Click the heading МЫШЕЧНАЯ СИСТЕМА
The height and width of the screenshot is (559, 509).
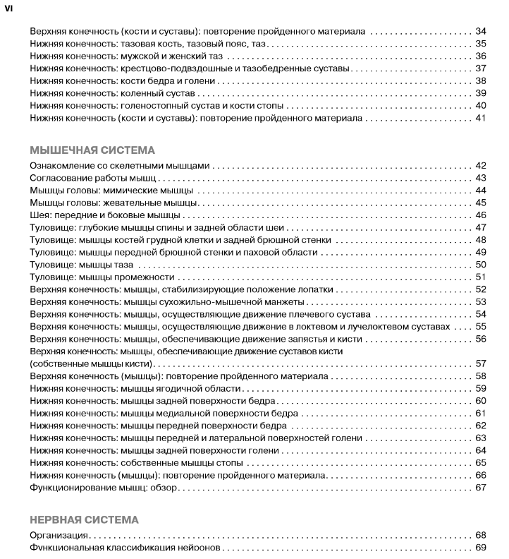pos(92,150)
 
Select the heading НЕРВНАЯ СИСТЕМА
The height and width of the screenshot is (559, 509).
pos(85,519)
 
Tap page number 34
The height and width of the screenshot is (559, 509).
pos(481,32)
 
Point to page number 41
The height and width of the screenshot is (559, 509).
pos(481,118)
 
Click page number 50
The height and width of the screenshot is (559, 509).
pos(481,265)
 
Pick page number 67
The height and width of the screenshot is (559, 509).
pos(481,487)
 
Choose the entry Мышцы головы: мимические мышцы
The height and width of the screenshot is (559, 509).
pos(113,191)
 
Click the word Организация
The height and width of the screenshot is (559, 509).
pos(59,536)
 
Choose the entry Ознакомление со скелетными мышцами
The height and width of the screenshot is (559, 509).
pos(121,166)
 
